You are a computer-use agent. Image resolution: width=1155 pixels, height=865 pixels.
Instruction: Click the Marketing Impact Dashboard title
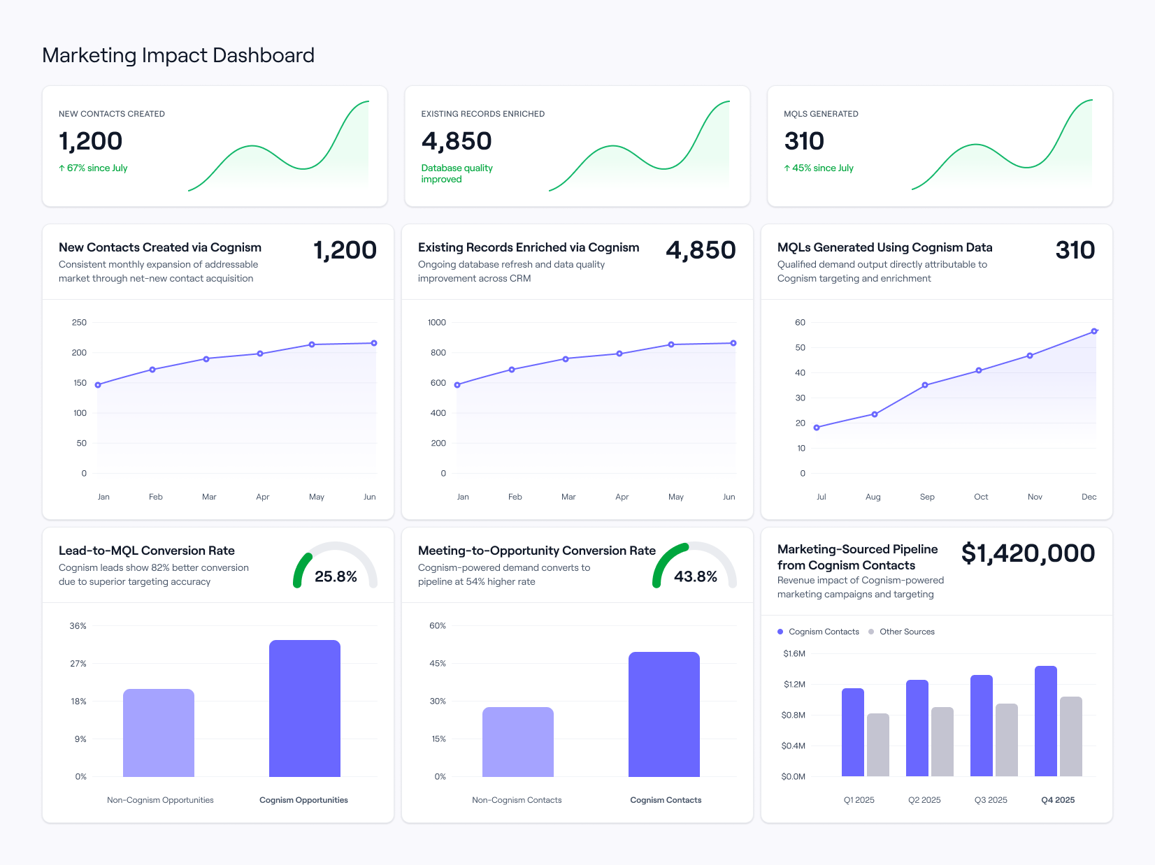pyautogui.click(x=178, y=55)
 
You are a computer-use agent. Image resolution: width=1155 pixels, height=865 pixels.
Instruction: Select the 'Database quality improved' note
pyautogui.click(x=457, y=173)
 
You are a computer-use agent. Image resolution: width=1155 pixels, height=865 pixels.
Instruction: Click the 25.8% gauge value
pyautogui.click(x=336, y=576)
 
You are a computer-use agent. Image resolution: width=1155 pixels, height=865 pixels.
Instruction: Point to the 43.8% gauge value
pyautogui.click(x=695, y=576)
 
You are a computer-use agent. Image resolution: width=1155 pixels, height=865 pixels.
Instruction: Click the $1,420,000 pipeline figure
pyautogui.click(x=1028, y=553)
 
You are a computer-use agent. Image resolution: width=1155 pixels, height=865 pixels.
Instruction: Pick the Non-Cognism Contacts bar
pyautogui.click(x=517, y=741)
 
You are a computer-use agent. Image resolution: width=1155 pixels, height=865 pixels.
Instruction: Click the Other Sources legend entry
pyautogui.click(x=906, y=632)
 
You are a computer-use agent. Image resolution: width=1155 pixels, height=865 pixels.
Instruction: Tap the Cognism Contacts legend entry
pyautogui.click(x=823, y=632)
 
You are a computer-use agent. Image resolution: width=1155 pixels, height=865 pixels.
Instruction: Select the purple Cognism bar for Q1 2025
pyautogui.click(x=852, y=732)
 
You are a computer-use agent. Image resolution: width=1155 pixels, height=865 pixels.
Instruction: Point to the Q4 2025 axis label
pyautogui.click(x=1057, y=800)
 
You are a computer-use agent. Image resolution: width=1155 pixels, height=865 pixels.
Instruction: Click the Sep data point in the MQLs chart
pyautogui.click(x=924, y=385)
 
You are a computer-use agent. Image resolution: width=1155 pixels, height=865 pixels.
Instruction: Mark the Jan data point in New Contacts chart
pyautogui.click(x=98, y=385)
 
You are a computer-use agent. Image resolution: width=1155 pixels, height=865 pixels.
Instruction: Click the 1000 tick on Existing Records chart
pyautogui.click(x=436, y=322)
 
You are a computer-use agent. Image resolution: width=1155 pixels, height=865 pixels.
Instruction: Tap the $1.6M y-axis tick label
pyautogui.click(x=794, y=654)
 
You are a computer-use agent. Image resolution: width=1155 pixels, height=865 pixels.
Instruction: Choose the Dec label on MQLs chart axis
pyautogui.click(x=1089, y=497)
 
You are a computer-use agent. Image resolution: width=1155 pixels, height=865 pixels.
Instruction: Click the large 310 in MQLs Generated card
pyautogui.click(x=804, y=141)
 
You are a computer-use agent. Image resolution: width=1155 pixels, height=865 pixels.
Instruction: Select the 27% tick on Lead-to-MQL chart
pyautogui.click(x=78, y=664)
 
